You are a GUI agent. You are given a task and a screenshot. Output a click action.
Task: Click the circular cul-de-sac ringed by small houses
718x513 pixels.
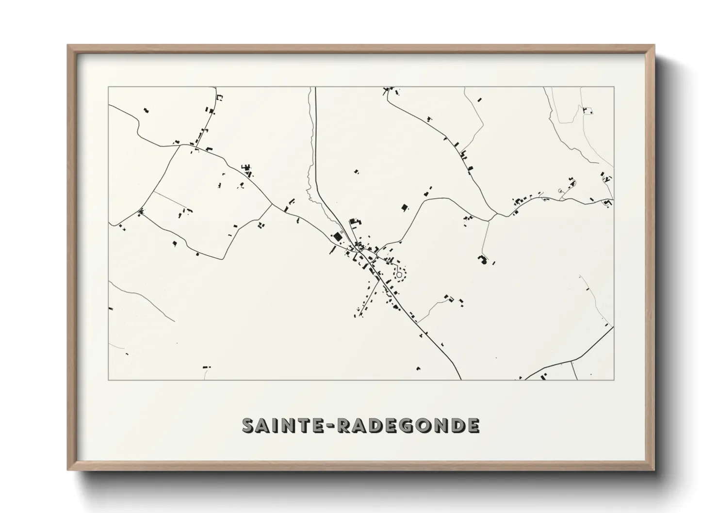[x=399, y=275]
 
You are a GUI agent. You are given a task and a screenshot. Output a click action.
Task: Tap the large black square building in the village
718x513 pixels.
[x=337, y=237]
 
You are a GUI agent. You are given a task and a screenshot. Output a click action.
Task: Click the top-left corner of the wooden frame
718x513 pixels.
[x=68, y=46]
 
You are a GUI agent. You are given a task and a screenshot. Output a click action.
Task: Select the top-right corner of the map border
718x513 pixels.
[x=614, y=87]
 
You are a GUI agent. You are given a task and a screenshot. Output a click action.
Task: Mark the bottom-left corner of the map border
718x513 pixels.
[x=109, y=380]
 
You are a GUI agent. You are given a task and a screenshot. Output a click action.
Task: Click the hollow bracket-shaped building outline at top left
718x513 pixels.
[x=219, y=97]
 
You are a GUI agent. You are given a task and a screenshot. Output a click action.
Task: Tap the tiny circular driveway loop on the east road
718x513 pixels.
[x=560, y=191]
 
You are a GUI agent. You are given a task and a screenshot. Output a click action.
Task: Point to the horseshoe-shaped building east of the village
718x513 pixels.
[x=482, y=259]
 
